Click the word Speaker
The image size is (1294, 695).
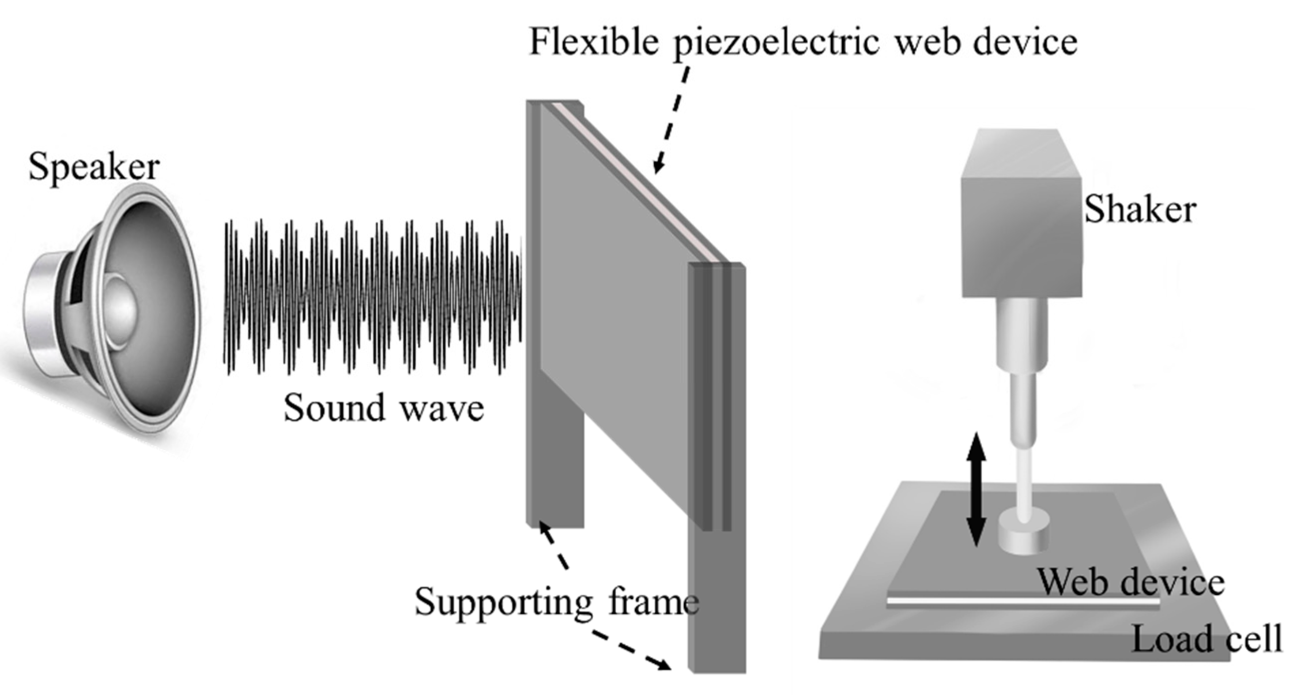pyautogui.click(x=94, y=167)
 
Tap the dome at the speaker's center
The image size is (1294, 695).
pyautogui.click(x=119, y=311)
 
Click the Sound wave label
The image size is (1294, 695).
pyautogui.click(x=384, y=408)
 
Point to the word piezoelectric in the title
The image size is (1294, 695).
pyautogui.click(x=776, y=42)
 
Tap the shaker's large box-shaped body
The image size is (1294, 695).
pyautogui.click(x=1022, y=236)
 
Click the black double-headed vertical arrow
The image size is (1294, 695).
pyautogui.click(x=976, y=490)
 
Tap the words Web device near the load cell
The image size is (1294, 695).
pyautogui.click(x=1131, y=583)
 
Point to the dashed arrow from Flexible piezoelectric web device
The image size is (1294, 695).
pyautogui.click(x=671, y=120)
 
